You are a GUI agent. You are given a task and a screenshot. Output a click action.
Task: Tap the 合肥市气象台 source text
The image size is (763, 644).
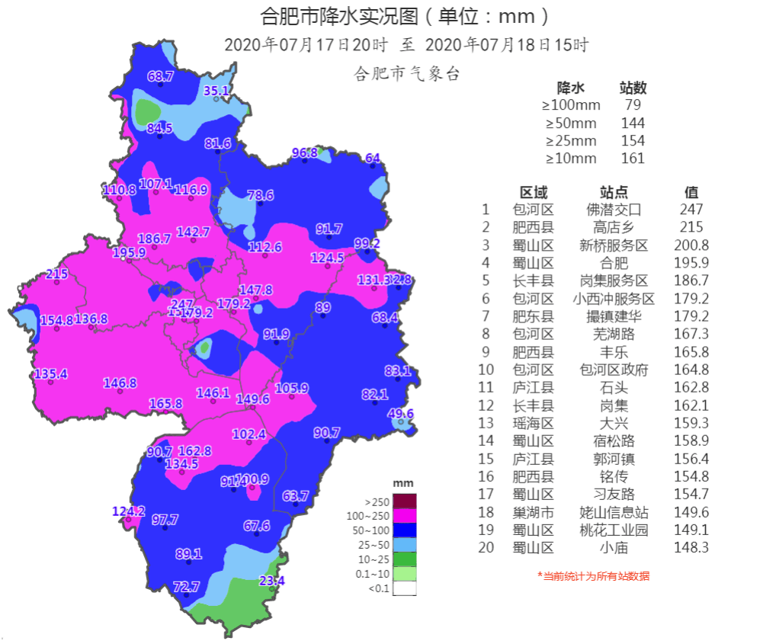407,74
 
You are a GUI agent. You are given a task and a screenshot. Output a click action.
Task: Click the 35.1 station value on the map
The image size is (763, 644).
216,91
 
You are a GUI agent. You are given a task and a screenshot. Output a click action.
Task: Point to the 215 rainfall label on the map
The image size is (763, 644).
57,274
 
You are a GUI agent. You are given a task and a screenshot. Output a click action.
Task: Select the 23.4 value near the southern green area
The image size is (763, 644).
271,581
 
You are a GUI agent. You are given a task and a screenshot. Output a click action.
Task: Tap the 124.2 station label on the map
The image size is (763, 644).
128,511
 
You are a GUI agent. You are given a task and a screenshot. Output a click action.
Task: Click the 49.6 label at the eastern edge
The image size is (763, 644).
401,414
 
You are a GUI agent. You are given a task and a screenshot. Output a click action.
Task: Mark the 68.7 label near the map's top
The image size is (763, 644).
161,76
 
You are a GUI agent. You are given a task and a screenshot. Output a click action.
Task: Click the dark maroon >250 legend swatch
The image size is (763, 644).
405,501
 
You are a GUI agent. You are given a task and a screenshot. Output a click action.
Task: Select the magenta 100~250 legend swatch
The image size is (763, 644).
405,516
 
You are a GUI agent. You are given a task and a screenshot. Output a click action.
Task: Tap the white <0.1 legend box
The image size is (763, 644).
405,588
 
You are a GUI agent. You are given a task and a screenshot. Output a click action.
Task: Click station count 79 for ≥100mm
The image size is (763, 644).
633,105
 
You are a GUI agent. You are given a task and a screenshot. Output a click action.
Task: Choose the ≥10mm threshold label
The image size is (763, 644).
570,159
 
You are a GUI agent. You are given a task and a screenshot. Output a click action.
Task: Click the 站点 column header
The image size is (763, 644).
614,192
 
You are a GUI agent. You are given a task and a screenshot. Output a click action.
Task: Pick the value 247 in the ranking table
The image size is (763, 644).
691,209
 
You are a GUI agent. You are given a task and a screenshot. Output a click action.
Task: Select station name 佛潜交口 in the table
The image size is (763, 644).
614,209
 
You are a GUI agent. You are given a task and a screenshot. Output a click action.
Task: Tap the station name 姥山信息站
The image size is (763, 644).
614,512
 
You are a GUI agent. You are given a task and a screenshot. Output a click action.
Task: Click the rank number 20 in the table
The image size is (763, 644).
486,547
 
